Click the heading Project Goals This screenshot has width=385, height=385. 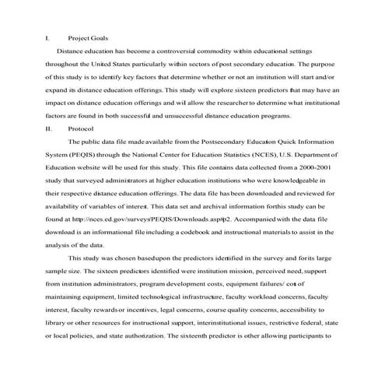click(88, 37)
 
